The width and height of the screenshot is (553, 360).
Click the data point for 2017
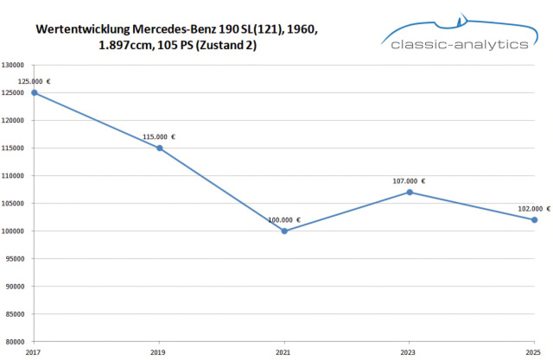coord(35,92)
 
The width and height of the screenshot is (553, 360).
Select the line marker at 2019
coord(160,148)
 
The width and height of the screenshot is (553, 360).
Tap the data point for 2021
coord(284,231)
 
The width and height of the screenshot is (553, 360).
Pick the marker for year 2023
coord(410,192)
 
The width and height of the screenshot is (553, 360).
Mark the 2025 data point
coord(535,219)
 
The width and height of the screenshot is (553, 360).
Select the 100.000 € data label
coord(284,219)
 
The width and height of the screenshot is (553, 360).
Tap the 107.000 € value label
coord(410,180)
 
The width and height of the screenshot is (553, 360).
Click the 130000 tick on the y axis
coord(13,65)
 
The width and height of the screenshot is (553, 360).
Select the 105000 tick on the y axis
coord(13,203)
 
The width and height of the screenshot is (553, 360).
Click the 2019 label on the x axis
coord(160,352)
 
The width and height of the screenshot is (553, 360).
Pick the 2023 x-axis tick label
coord(410,352)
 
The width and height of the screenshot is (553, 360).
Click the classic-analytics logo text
coord(459,43)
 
